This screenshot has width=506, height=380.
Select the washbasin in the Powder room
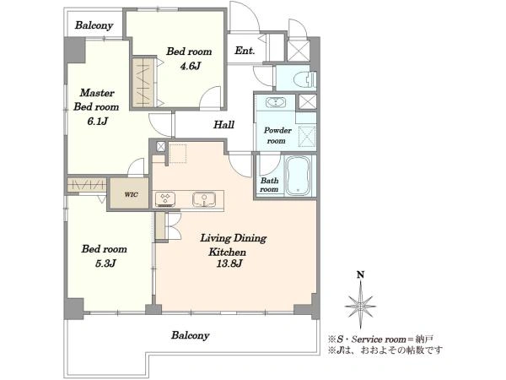[275, 102]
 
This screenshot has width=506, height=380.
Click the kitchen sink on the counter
[204, 199]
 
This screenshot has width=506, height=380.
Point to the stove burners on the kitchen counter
[165, 199]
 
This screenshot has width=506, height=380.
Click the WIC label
[131, 194]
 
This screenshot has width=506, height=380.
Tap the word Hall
[223, 125]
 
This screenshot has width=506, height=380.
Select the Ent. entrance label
[245, 51]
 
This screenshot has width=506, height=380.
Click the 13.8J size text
[229, 264]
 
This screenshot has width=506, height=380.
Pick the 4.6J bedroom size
[191, 66]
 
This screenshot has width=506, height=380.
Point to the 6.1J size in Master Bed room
[97, 122]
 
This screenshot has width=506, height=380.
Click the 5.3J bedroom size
[105, 263]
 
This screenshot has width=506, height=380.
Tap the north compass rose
[360, 304]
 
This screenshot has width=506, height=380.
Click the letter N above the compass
[360, 275]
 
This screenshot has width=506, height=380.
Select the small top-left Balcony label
[94, 25]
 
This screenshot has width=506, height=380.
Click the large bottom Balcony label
[190, 335]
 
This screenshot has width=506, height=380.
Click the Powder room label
[277, 135]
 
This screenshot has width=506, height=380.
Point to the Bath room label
[269, 185]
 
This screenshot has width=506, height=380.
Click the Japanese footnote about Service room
[381, 339]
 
